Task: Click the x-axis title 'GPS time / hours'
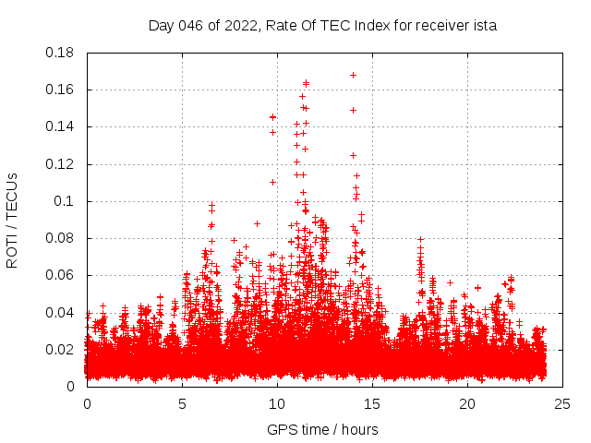coord(322,429)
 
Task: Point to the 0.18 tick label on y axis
coord(60,53)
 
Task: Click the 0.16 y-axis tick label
coord(60,90)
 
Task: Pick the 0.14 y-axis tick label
coord(60,126)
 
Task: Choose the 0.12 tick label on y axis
coord(60,164)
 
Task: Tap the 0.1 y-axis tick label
coord(65,201)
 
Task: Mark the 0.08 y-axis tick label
coord(60,238)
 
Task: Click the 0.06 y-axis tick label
coord(60,275)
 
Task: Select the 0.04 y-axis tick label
coord(60,312)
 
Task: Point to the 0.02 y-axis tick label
coord(60,349)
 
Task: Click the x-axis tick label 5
coord(183,403)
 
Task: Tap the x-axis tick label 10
coord(277,403)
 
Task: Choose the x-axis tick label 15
coord(372,403)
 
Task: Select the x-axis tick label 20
coord(467,403)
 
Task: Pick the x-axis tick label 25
coord(562,403)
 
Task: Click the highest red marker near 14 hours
coord(353,75)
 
